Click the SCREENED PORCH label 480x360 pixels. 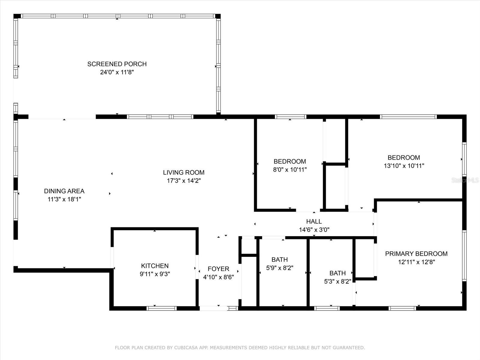pyautogui.click(x=117, y=64)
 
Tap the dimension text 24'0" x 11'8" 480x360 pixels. pyautogui.click(x=117, y=72)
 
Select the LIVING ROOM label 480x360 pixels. pyautogui.click(x=184, y=172)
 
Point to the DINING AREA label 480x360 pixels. pyautogui.click(x=64, y=191)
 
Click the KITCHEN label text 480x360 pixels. pyautogui.click(x=155, y=266)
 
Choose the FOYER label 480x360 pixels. pyautogui.click(x=218, y=269)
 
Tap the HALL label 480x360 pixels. pyautogui.click(x=314, y=221)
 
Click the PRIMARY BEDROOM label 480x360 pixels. pyautogui.click(x=416, y=254)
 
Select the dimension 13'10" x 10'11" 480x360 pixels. pyautogui.click(x=404, y=166)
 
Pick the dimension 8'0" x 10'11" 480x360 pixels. pyautogui.click(x=290, y=169)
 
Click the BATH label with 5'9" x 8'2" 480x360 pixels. pyautogui.click(x=280, y=259)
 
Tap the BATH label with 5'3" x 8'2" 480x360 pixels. pyautogui.click(x=337, y=273)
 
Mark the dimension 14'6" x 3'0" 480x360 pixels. pyautogui.click(x=314, y=230)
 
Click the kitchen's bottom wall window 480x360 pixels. pyautogui.click(x=161, y=308)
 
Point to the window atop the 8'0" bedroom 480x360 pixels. pyautogui.click(x=290, y=117)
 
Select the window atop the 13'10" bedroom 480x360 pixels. pyautogui.click(x=408, y=117)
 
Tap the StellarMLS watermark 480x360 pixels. pyautogui.click(x=465, y=180)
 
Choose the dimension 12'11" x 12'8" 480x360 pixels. pyautogui.click(x=416, y=262)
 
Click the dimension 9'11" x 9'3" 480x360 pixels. pyautogui.click(x=155, y=274)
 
